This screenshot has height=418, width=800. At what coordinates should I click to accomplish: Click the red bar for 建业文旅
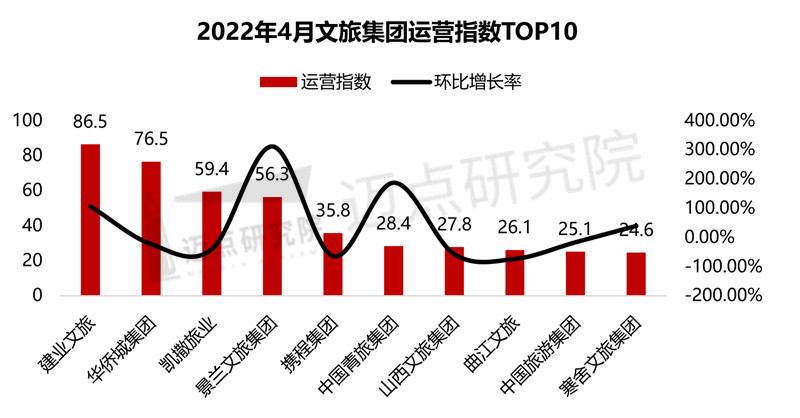90,220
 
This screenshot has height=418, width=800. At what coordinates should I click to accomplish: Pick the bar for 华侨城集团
151,228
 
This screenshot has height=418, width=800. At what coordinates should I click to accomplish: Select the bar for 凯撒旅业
212,243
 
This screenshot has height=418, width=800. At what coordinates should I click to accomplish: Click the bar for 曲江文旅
514,273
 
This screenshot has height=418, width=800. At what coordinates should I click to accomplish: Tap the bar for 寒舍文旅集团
636,274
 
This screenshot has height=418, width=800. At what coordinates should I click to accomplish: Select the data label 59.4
212,170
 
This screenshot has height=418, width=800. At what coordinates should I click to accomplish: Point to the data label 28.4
394,221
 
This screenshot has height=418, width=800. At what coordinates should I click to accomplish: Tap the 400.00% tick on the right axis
719,120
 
